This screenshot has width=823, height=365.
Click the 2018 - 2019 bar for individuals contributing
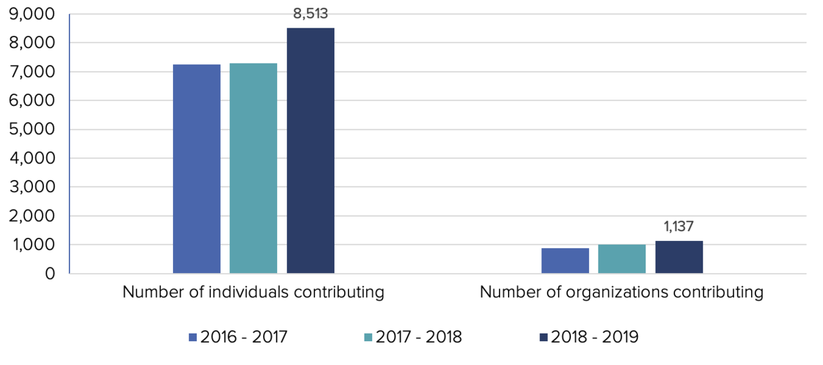pos(310,151)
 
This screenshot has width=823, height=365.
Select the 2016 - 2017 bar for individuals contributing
pos(197,169)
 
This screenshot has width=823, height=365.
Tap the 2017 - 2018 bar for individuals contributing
pos(253,168)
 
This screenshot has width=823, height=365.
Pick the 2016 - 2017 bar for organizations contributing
pos(565,261)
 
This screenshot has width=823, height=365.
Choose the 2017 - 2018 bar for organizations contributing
pos(622,259)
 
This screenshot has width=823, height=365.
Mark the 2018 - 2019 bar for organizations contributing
pos(678,257)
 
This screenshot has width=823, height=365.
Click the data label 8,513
pos(310,12)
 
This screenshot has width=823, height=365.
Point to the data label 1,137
pos(678,226)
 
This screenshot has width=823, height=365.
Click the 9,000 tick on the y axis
pos(32,14)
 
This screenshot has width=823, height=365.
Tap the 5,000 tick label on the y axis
pos(32,130)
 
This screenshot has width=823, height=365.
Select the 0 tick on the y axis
pos(50,274)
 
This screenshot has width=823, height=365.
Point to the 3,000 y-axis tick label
pos(32,187)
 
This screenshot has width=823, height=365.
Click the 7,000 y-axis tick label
pos(32,72)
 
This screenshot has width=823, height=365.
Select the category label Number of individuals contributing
pos(253,292)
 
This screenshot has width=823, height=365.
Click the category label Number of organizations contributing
pos(622,292)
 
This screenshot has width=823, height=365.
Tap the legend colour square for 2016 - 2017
pos(192,337)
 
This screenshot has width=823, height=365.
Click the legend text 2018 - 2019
pos(595,337)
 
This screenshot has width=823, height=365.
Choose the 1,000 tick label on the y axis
pos(32,245)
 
